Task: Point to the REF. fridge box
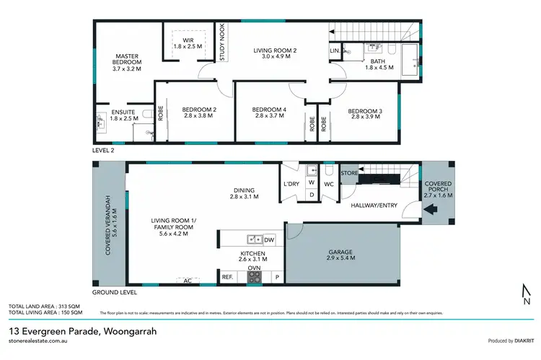pyautogui.click(x=226, y=277)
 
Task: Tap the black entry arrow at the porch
pyautogui.click(x=433, y=211)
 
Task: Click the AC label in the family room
pyautogui.click(x=187, y=281)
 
